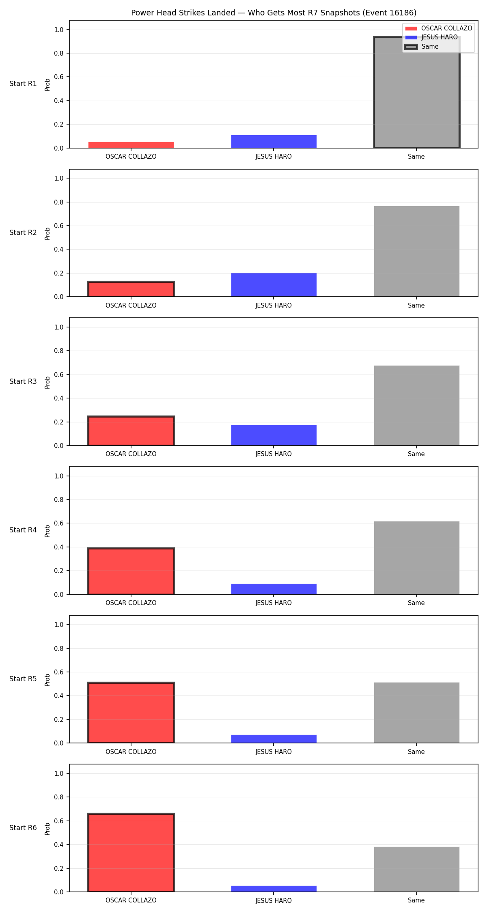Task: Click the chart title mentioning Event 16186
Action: coord(274,13)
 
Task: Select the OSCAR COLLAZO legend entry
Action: coord(439,28)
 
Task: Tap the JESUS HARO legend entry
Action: coord(431,37)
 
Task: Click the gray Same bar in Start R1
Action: coord(416,93)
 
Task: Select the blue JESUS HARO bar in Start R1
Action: coord(274,142)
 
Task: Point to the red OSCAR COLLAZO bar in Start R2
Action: coord(131,289)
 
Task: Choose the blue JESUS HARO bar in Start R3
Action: coord(274,435)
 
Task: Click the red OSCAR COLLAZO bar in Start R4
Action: coord(131,571)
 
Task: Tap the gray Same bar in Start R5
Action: coord(416,713)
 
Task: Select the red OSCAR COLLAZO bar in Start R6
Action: coord(131,853)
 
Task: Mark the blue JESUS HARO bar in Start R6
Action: coord(274,889)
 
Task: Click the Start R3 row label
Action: coord(23,381)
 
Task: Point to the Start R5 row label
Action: coord(23,679)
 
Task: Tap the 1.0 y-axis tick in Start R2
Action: coord(59,178)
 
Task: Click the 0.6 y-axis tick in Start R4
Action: coord(59,523)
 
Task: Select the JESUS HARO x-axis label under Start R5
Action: coord(274,752)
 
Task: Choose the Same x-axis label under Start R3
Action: coord(416,454)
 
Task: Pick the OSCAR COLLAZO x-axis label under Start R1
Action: coord(131,157)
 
